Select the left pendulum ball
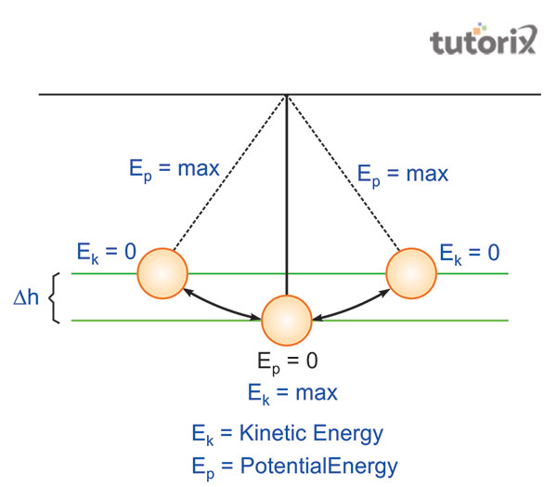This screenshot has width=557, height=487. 162,273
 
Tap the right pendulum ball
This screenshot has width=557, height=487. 411,273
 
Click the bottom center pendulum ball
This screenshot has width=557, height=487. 287,321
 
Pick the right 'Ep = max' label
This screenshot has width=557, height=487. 403,174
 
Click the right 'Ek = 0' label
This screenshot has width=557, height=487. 470,252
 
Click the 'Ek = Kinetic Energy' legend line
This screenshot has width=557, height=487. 287,433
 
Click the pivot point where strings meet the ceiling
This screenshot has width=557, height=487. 287,95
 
